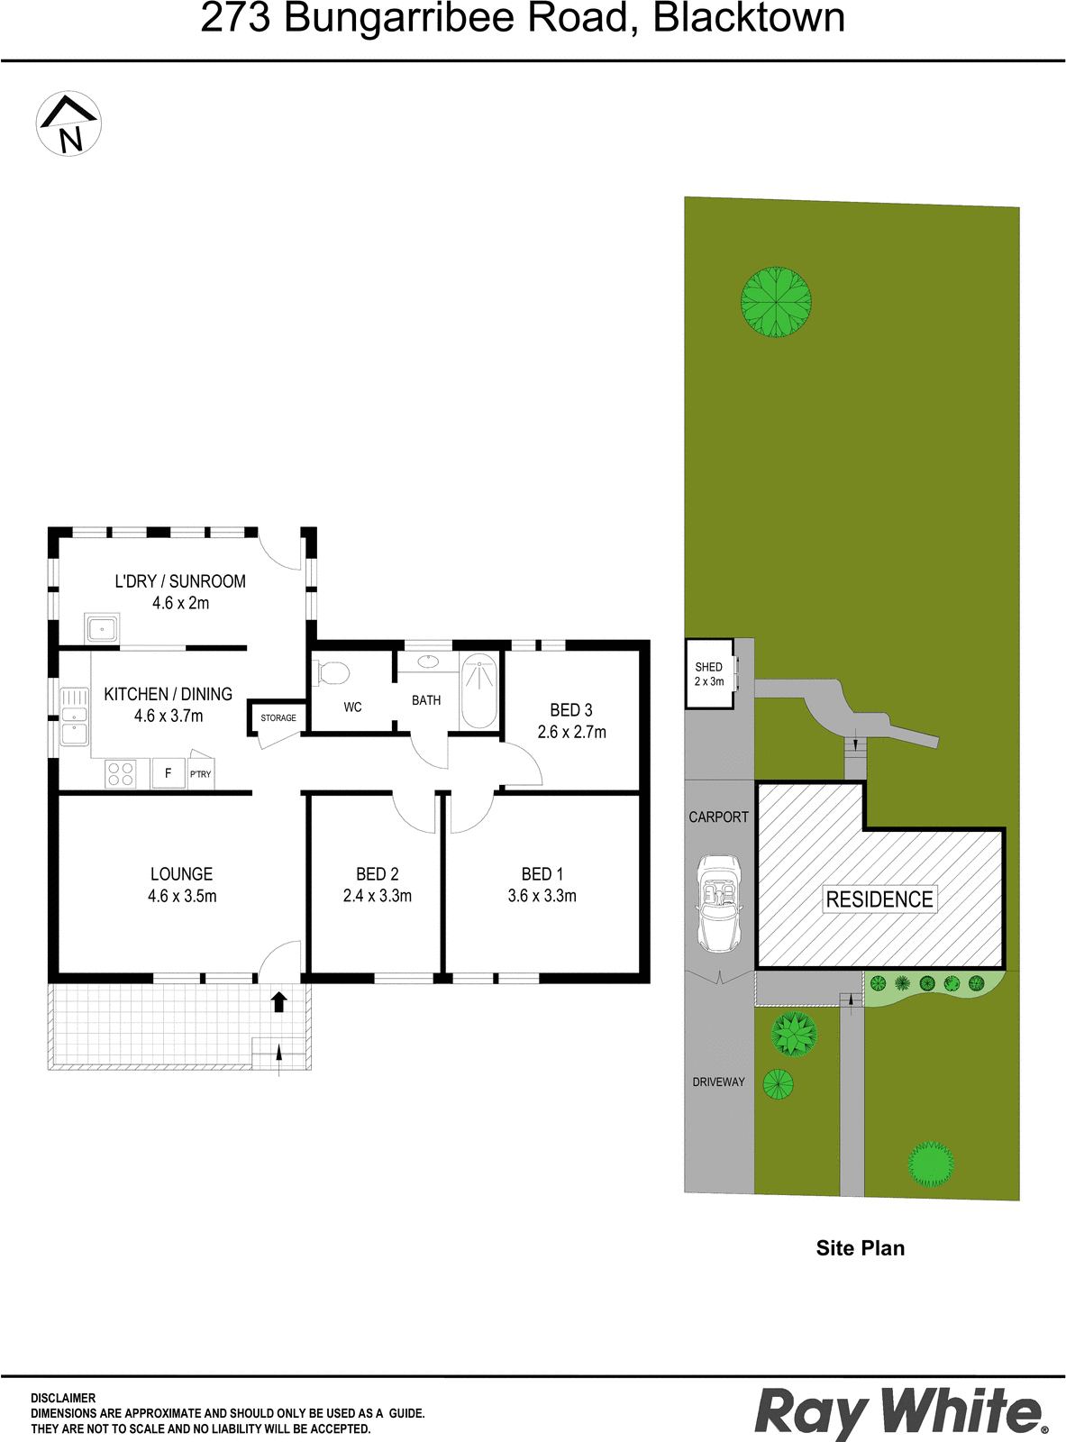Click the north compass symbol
tap(68, 123)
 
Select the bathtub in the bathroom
tap(478, 691)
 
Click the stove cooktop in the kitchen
tap(120, 773)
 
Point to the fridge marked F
tap(169, 773)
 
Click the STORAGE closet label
tap(278, 717)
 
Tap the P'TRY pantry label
tap(200, 774)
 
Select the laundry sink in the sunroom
tap(102, 629)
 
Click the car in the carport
tap(718, 905)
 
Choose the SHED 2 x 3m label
tap(708, 674)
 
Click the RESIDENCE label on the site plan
tap(879, 899)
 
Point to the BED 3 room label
tap(571, 710)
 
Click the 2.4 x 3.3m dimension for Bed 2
tap(377, 896)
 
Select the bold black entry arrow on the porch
tap(278, 1001)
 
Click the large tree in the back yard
tap(776, 302)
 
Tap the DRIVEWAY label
tap(718, 1081)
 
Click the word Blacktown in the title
tap(748, 17)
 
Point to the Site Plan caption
tap(860, 1247)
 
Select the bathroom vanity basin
tap(428, 662)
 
